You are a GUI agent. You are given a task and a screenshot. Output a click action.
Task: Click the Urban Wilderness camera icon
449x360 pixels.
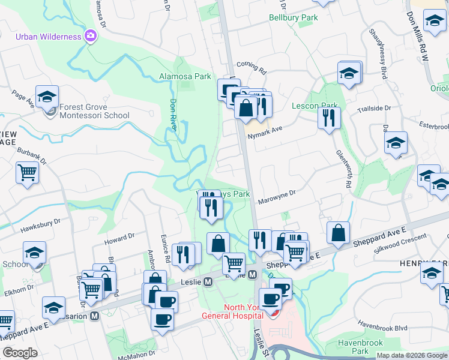tap(91, 36)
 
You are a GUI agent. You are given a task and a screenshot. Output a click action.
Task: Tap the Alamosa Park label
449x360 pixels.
tap(185, 76)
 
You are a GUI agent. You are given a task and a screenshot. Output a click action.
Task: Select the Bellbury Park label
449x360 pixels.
tap(294, 18)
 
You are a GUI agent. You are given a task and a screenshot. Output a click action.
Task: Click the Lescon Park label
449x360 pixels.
tap(315, 106)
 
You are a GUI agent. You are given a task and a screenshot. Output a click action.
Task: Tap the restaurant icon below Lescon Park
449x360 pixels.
tap(329, 118)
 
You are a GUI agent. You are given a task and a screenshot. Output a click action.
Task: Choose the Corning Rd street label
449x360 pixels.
tap(251, 67)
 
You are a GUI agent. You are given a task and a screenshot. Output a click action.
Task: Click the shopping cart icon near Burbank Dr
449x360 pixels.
tap(28, 172)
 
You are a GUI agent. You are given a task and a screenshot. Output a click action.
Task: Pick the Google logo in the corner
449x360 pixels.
tap(20, 353)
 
